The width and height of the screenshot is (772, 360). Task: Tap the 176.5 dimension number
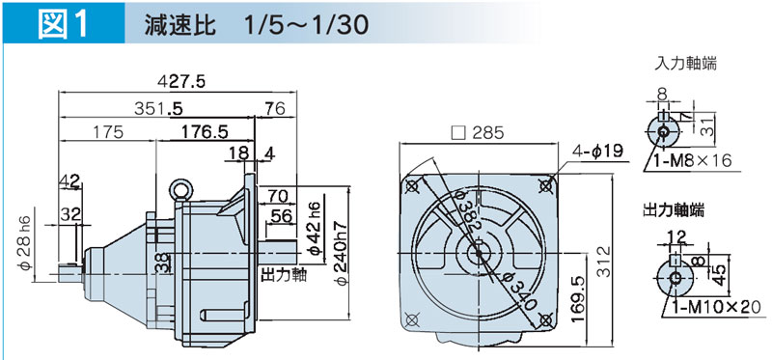pyautogui.click(x=205, y=132)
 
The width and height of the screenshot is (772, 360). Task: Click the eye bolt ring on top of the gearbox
pyautogui.click(x=180, y=188)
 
